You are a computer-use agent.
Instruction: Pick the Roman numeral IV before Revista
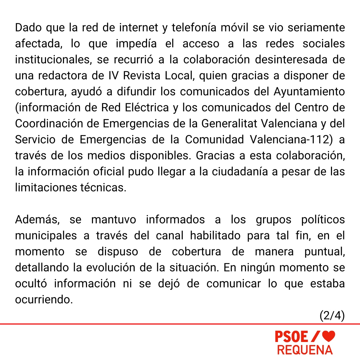[114, 76]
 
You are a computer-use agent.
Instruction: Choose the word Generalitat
[229, 124]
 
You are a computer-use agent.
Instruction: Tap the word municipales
[46, 236]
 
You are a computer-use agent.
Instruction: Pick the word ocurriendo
[44, 300]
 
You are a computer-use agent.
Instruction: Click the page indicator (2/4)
[332, 316]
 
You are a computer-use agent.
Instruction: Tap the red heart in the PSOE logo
[329, 336]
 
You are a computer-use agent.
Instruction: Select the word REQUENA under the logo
[305, 350]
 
